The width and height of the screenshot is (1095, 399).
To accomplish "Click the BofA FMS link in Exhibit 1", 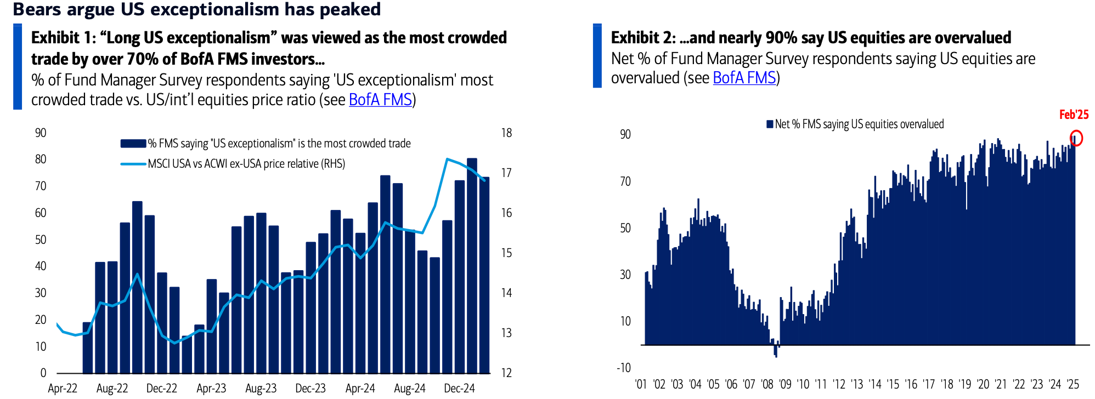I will coord(380,100).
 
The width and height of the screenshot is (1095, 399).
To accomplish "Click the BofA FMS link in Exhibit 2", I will coord(744,78).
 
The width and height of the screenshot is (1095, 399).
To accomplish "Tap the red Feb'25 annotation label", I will coord(1073,115).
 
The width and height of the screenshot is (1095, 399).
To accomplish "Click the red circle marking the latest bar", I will coord(1076,138).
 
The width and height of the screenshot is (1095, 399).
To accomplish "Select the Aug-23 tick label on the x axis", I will coord(261,388).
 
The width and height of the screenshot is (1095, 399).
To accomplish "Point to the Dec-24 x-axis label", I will coord(459,388).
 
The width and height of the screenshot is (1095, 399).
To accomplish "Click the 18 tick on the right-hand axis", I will coord(506,133).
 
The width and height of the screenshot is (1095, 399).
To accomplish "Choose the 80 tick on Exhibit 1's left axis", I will coord(41,159).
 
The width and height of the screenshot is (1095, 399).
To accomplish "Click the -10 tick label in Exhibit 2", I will coord(624,367).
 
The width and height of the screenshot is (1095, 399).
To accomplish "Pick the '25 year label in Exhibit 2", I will coord(1073,384).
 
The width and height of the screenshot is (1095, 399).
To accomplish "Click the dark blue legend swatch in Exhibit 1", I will coord(133,144).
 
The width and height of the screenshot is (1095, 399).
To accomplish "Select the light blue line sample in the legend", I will coord(133,164).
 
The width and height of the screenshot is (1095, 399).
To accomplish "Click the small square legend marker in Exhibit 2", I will coord(770,124).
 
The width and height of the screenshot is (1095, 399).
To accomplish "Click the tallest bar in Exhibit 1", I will coord(472,263).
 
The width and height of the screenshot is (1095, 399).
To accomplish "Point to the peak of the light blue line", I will coord(448,159).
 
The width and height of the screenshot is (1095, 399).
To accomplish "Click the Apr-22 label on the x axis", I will coord(63,388).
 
